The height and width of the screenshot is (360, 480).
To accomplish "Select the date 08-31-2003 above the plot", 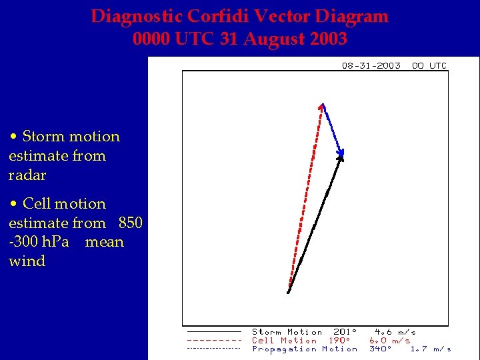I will click(371, 65).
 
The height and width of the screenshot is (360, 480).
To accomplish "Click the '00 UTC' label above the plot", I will click(429, 65).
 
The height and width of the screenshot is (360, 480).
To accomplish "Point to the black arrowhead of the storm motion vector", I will click(341, 155).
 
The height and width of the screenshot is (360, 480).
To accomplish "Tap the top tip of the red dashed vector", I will click(323, 105).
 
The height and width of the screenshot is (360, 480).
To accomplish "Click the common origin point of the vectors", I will click(288, 292).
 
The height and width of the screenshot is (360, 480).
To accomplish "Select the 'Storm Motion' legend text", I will click(287, 332).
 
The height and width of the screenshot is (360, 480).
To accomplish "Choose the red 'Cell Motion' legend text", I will click(284, 341).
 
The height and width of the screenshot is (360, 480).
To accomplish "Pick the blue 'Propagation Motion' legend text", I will click(304, 349).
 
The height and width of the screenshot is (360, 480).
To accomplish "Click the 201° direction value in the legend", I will click(345, 332).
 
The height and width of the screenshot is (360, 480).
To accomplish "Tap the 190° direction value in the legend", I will click(339, 341).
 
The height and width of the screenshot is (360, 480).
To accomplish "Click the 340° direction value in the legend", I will click(380, 349).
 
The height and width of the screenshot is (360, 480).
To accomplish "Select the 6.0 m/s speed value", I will click(389, 341).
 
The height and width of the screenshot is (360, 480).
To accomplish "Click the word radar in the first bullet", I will click(27, 175).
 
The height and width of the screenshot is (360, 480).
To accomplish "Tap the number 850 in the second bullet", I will click(131, 223).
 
